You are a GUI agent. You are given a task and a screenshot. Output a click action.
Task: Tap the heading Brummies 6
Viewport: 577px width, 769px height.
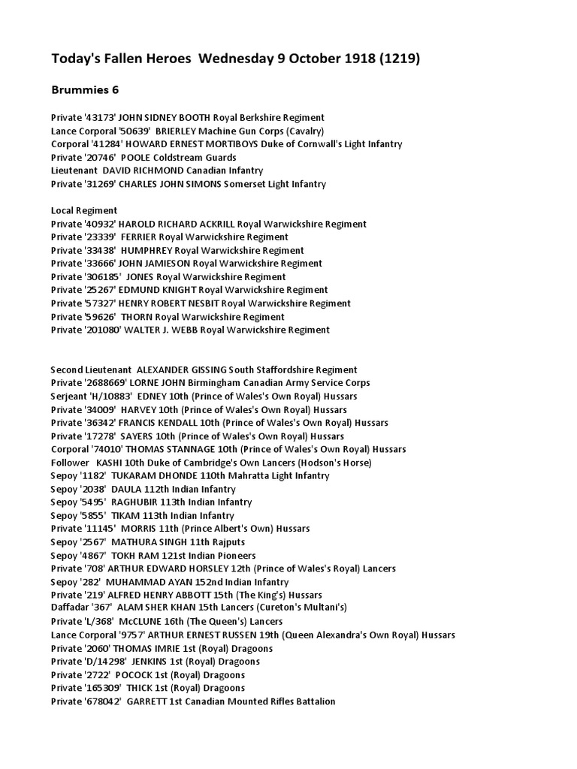point(85,90)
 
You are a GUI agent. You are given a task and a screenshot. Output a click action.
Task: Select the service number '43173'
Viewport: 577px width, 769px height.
point(99,118)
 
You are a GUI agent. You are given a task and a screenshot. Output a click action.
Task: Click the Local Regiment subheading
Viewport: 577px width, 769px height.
point(84,210)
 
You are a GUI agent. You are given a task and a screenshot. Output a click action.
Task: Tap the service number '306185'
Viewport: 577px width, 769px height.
point(102,276)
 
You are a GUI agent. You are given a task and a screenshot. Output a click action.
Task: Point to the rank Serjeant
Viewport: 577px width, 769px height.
point(69,396)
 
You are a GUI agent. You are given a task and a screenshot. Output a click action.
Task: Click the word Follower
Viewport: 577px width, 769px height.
point(71,463)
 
